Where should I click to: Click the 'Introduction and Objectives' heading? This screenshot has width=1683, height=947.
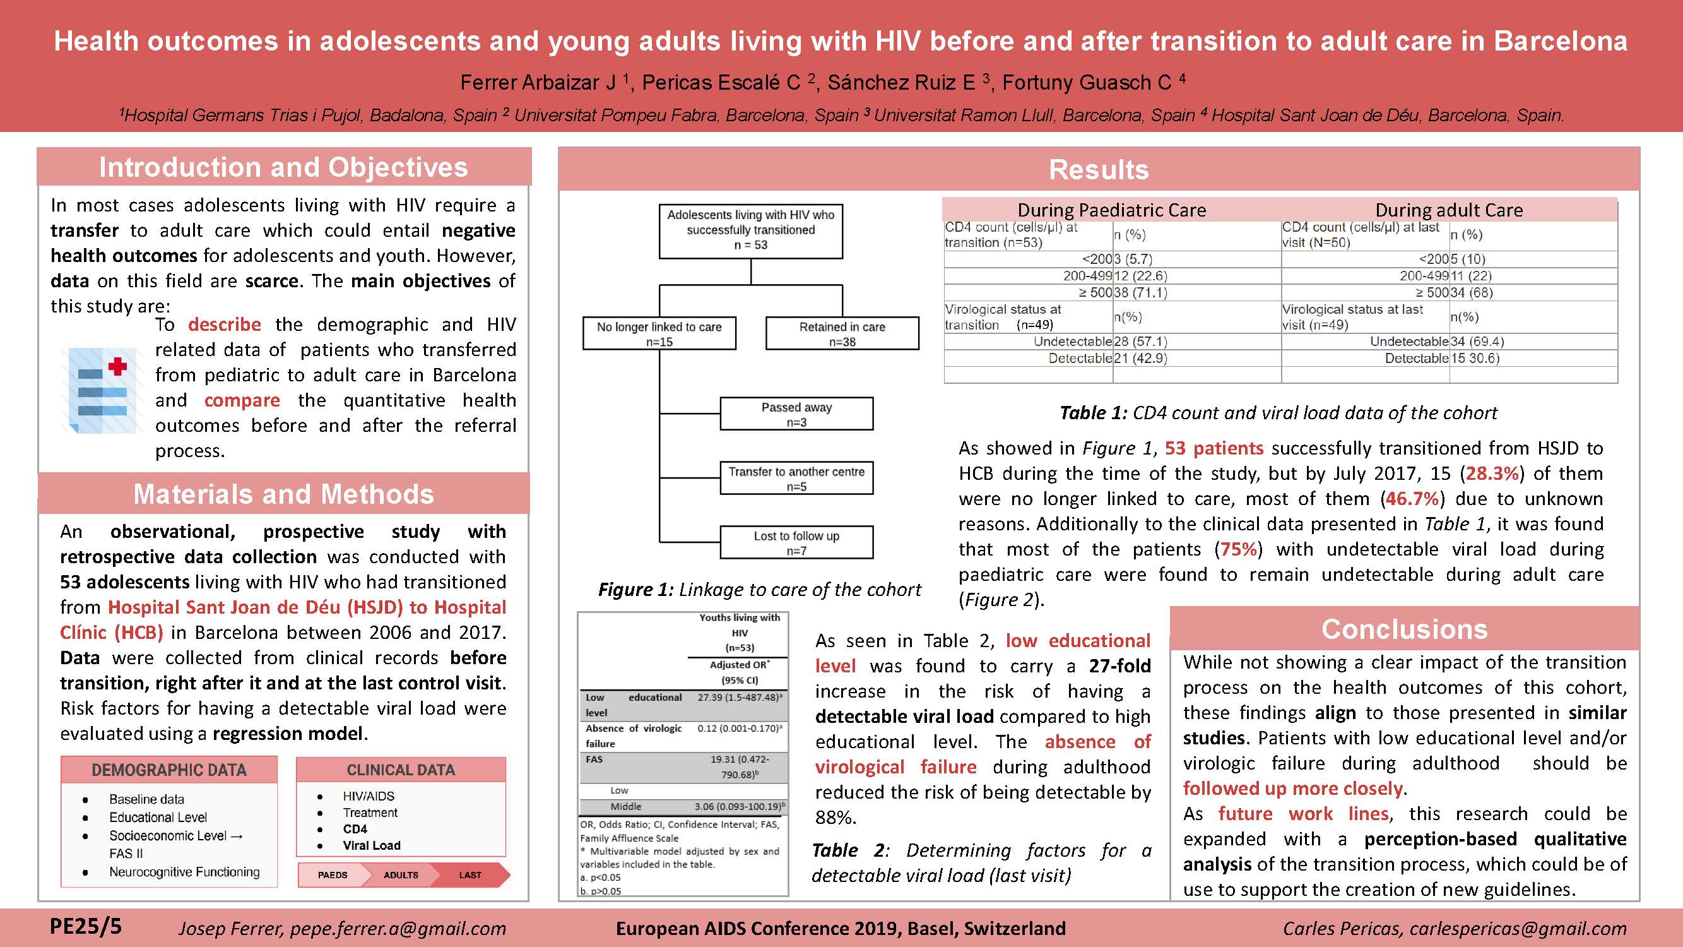pyautogui.click(x=283, y=167)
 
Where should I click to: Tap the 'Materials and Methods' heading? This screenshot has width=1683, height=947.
pyautogui.click(x=283, y=494)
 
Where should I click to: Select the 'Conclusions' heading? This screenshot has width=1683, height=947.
pyautogui.click(x=1405, y=629)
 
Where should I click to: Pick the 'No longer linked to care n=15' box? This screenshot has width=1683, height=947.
pyautogui.click(x=659, y=333)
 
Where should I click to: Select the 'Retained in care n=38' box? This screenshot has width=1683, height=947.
pyautogui.click(x=842, y=333)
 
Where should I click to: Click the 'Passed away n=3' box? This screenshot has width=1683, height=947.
pyautogui.click(x=796, y=414)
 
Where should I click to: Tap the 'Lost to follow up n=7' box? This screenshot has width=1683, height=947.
pyautogui.click(x=796, y=543)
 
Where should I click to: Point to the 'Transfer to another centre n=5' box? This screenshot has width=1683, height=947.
pyautogui.click(x=796, y=479)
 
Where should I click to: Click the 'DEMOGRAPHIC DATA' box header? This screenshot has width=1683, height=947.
pyautogui.click(x=169, y=770)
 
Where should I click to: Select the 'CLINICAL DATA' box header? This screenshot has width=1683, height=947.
pyautogui.click(x=401, y=770)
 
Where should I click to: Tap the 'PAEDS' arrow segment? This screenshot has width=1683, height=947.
pyautogui.click(x=333, y=875)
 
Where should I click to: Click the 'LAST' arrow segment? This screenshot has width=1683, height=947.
pyautogui.click(x=469, y=875)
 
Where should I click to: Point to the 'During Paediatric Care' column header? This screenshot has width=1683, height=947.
pyautogui.click(x=1112, y=210)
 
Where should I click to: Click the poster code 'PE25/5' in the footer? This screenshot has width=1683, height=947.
pyautogui.click(x=86, y=926)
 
